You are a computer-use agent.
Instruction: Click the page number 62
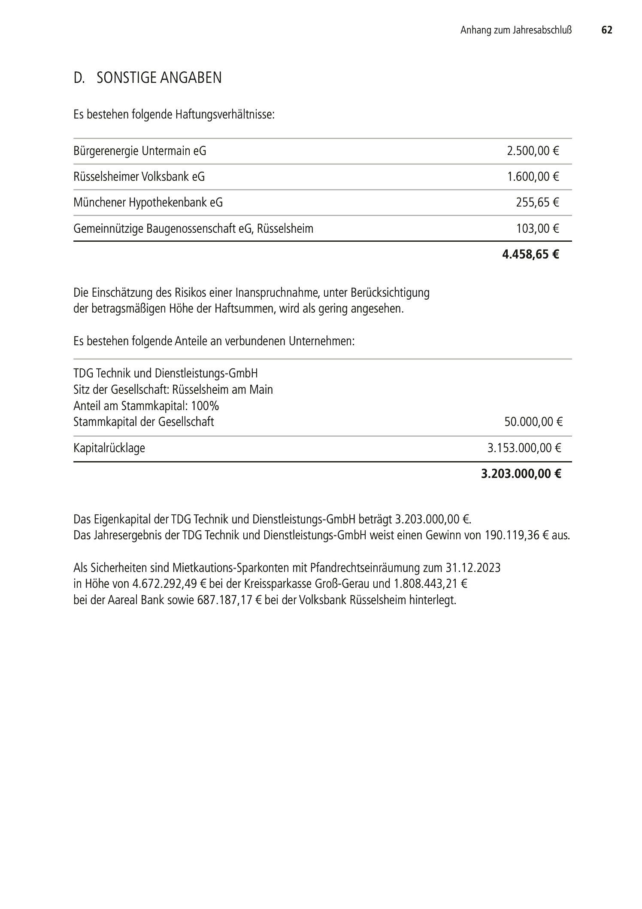tap(606, 30)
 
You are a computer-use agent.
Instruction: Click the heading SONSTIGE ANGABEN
tap(159, 78)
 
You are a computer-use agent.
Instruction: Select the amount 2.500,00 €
tap(533, 151)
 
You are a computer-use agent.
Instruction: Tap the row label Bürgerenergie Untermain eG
tap(140, 151)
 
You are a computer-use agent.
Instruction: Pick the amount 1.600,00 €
tap(533, 177)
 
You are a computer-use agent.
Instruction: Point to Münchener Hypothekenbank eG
tap(148, 202)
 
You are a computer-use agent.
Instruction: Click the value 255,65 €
tap(537, 202)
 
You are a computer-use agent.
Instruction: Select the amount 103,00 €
tap(537, 228)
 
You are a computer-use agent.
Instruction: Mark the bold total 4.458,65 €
tap(530, 255)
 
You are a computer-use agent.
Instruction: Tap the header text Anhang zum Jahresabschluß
tap(516, 30)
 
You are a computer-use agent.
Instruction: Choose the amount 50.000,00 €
tap(533, 422)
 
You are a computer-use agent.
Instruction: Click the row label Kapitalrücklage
tap(109, 448)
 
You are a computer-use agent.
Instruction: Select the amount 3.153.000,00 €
tap(524, 448)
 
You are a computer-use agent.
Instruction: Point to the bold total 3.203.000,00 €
tap(521, 474)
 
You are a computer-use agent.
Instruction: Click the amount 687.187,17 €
tap(229, 600)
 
